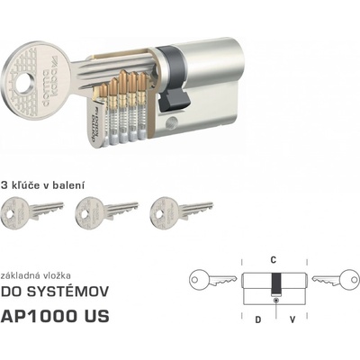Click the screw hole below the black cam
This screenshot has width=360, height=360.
172,122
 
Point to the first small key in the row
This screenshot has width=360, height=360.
32,211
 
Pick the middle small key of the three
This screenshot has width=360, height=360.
107,211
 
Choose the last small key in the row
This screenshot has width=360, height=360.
182,211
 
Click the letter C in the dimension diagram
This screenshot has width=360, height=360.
274,260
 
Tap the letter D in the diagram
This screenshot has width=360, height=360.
257,319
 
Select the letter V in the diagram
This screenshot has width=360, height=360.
292,319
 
